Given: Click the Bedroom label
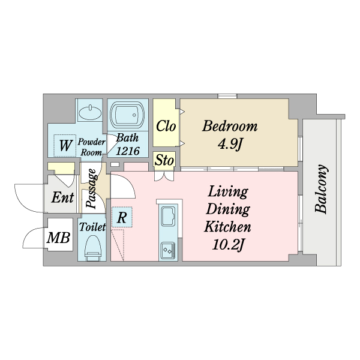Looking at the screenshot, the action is point(230,126).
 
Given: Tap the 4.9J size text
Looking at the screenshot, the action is point(230,145).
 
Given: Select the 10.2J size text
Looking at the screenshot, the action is point(228,245).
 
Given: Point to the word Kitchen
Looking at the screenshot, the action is point(227,227).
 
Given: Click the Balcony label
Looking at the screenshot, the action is point(321,189).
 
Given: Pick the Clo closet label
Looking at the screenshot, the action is point(166,126).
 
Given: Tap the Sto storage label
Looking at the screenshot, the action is point(164,160).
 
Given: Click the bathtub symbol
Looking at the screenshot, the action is point(127,113).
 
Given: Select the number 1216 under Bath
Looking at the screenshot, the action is point(128,151).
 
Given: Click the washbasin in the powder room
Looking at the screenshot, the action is point(90,113).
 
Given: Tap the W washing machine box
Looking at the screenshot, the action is point(65,145).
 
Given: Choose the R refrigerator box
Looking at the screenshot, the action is point(122,217).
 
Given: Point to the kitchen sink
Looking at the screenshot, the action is point(168,216).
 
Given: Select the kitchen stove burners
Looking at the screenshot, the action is point(168,251).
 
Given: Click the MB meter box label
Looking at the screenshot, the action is point(58,238).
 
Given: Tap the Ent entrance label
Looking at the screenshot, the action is point(62,197).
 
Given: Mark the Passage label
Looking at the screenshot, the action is point(91,188).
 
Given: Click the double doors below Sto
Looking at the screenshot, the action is point(164,176).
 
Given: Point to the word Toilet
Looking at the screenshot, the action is point(92,227).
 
